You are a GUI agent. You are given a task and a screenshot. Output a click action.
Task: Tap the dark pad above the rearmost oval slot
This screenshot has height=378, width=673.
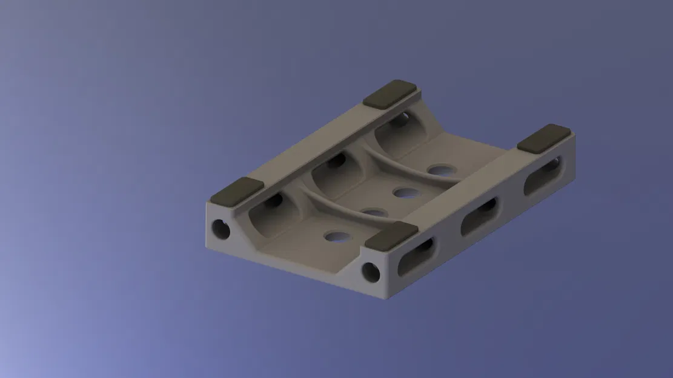pyautogui.click(x=545, y=138)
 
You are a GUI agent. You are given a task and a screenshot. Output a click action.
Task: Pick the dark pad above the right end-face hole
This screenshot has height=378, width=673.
pyautogui.click(x=393, y=235)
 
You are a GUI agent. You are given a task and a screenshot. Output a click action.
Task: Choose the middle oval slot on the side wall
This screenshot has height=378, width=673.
pyautogui.click(x=480, y=216)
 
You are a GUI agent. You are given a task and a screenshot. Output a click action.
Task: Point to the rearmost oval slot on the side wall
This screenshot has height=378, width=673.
pyautogui.click(x=543, y=175)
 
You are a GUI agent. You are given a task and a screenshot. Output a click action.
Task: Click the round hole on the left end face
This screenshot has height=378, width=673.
pyautogui.click(x=220, y=229)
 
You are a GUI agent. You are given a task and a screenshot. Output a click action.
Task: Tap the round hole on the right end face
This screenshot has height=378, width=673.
pyautogui.click(x=371, y=272)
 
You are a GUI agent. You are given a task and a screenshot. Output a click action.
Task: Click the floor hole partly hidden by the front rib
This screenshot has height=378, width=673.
pyautogui.click(x=375, y=212)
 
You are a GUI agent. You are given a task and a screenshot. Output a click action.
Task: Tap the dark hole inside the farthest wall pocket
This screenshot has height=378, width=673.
pyautogui.click(x=399, y=121)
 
